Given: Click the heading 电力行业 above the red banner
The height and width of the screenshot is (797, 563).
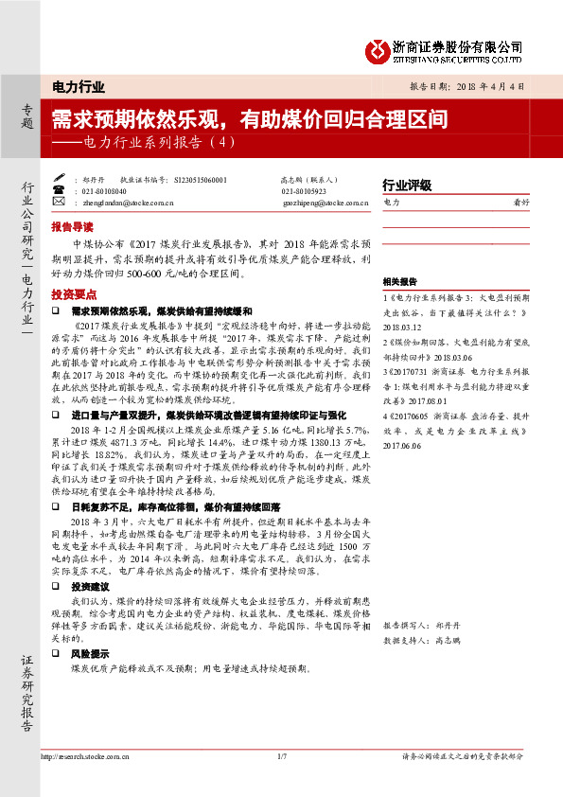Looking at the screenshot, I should point(78,87).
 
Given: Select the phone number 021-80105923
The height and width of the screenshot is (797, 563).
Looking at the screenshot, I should point(304,189).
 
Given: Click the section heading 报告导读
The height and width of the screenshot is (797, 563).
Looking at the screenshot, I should point(73,227).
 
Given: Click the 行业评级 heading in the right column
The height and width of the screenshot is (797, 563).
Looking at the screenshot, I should point(407,185).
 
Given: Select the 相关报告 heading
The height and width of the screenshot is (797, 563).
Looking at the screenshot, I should point(400,282).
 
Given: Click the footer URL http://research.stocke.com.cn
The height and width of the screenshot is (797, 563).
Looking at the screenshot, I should point(87,756).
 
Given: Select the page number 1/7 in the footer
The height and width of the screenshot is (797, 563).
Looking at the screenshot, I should point(281,756).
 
